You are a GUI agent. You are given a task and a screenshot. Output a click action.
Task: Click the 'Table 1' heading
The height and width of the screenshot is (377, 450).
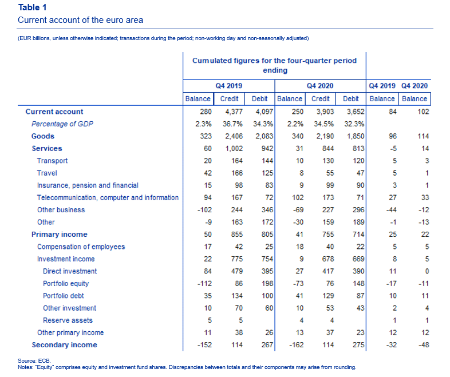coord(32,7)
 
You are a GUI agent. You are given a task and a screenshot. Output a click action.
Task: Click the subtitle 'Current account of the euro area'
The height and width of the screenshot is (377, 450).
coord(80,20)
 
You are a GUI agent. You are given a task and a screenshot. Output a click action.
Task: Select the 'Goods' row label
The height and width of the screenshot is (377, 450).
coord(43,136)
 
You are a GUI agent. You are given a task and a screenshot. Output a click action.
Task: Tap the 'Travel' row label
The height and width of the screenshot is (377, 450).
coord(47,173)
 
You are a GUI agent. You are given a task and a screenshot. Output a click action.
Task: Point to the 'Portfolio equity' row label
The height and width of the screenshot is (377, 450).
coord(66,284)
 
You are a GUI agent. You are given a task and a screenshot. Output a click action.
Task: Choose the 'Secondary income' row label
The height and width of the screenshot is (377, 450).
coord(64,345)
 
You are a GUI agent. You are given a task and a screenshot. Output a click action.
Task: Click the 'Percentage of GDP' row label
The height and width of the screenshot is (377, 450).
coord(62,124)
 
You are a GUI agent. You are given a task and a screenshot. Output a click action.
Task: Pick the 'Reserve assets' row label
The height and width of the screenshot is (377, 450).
coord(68,320)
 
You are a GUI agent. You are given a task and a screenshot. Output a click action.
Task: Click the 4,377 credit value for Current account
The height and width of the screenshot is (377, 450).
coord(234,112)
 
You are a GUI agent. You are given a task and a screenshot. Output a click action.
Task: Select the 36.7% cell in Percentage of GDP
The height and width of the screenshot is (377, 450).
coord(233,124)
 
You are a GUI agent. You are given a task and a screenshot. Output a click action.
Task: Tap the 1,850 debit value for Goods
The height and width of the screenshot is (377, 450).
coord(356,136)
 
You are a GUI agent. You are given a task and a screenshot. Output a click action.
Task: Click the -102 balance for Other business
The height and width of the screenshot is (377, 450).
coord(204,210)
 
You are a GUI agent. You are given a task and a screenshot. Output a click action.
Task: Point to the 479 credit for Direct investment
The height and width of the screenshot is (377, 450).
coord(237,271)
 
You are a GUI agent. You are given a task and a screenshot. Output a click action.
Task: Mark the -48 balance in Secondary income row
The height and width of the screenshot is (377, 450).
coord(423,345)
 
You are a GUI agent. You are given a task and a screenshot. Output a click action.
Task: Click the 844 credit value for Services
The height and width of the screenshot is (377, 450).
coord(328,149)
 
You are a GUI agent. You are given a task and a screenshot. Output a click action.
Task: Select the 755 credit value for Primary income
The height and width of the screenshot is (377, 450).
coord(328,235)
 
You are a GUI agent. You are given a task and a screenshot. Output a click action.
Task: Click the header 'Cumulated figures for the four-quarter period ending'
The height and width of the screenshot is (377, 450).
coord(275,65)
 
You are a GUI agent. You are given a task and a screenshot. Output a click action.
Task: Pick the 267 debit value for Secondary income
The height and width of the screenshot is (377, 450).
coord(267,345)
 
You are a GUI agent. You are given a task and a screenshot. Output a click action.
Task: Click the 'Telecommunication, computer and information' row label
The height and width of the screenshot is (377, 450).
coord(108,198)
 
